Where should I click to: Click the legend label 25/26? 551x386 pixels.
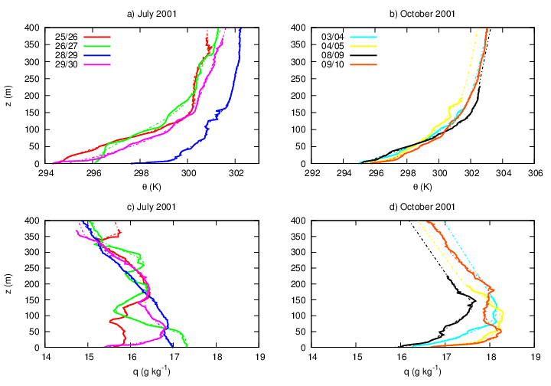pos(66,36)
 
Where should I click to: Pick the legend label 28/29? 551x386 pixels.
pos(66,57)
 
